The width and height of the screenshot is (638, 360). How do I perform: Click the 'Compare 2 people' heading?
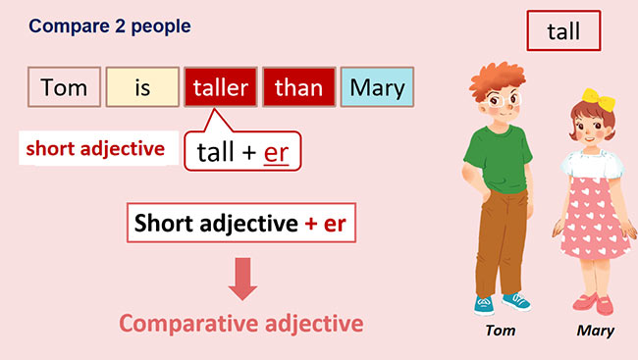[110, 26]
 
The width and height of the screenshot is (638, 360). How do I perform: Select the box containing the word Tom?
[65, 87]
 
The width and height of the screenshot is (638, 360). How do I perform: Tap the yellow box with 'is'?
[142, 87]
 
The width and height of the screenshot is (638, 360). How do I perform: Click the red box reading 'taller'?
[221, 87]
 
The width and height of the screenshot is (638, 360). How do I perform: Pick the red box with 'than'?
[298, 87]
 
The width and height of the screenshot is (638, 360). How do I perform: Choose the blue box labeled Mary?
[377, 87]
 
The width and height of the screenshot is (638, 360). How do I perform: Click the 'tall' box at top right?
[562, 30]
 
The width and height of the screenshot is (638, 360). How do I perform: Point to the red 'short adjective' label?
[94, 149]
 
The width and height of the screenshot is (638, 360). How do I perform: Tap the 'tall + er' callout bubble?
[241, 153]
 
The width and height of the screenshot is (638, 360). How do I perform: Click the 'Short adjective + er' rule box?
[239, 223]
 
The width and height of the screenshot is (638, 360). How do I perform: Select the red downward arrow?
[241, 280]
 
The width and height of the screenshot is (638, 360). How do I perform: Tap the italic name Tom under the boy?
[502, 331]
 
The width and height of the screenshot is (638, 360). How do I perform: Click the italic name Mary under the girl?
[595, 331]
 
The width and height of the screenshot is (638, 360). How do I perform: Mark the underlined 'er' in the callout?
[278, 153]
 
